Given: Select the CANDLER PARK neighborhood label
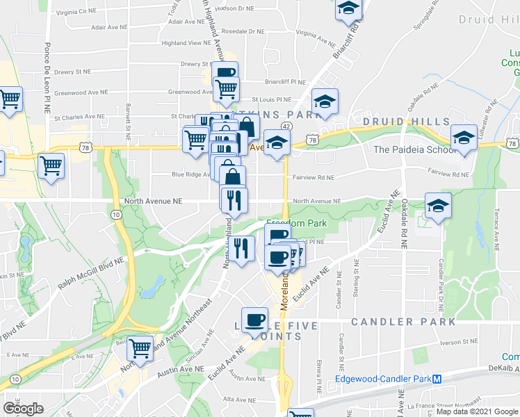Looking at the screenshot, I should click(x=403, y=322).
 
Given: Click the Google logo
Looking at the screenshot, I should click(x=23, y=409).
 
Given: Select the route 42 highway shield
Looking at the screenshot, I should click(x=286, y=126).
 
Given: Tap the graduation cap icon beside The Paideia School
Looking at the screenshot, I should click(x=463, y=136).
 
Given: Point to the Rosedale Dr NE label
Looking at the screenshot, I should click(x=243, y=31).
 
